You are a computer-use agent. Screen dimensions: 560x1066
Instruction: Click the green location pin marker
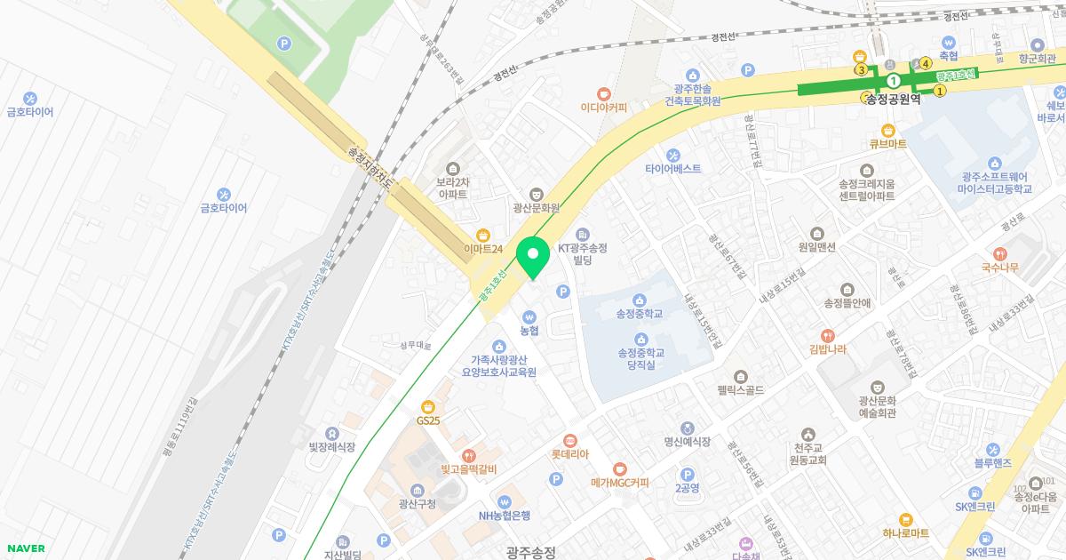pyautogui.click(x=533, y=257)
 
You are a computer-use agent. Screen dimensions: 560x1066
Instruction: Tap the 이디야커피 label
pyautogui.click(x=604, y=108)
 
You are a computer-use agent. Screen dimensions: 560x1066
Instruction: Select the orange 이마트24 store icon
pyautogui.click(x=482, y=235)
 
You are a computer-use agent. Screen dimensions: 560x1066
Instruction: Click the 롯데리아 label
pyautogui.click(x=570, y=453)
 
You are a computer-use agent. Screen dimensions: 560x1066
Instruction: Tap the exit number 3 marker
pyautogui.click(x=860, y=69)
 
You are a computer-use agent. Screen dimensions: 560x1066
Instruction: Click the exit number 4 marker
pyautogui.click(x=926, y=63)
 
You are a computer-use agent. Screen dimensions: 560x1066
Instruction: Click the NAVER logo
pyautogui.click(x=26, y=548)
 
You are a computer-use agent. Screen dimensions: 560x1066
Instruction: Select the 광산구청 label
pyautogui.click(x=418, y=504)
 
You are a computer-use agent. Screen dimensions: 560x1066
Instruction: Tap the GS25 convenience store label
pyautogui.click(x=428, y=420)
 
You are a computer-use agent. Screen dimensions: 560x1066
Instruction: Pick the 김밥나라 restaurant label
pyautogui.click(x=828, y=349)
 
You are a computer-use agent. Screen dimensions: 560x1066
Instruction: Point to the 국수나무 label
pyautogui.click(x=1000, y=267)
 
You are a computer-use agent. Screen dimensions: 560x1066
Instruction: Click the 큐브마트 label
pyautogui.click(x=887, y=143)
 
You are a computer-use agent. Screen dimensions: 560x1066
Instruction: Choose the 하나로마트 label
pyautogui.click(x=905, y=532)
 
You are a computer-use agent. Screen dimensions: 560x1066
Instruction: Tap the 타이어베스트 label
pyautogui.click(x=672, y=168)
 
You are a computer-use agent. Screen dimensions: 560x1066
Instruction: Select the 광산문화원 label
pyautogui.click(x=537, y=207)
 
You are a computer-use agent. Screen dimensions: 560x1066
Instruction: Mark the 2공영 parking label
pyautogui.click(x=687, y=487)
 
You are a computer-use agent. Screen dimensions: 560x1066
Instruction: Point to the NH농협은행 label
pyautogui.click(x=505, y=515)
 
